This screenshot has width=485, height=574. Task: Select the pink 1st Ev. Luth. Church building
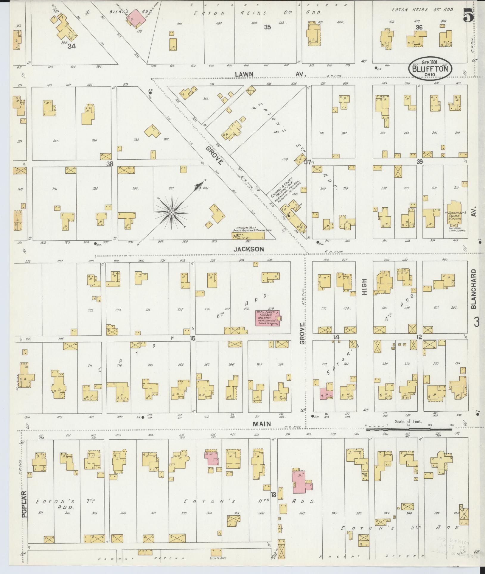pyautogui.click(x=267, y=318)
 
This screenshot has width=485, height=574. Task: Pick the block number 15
pyautogui.click(x=192, y=338)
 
